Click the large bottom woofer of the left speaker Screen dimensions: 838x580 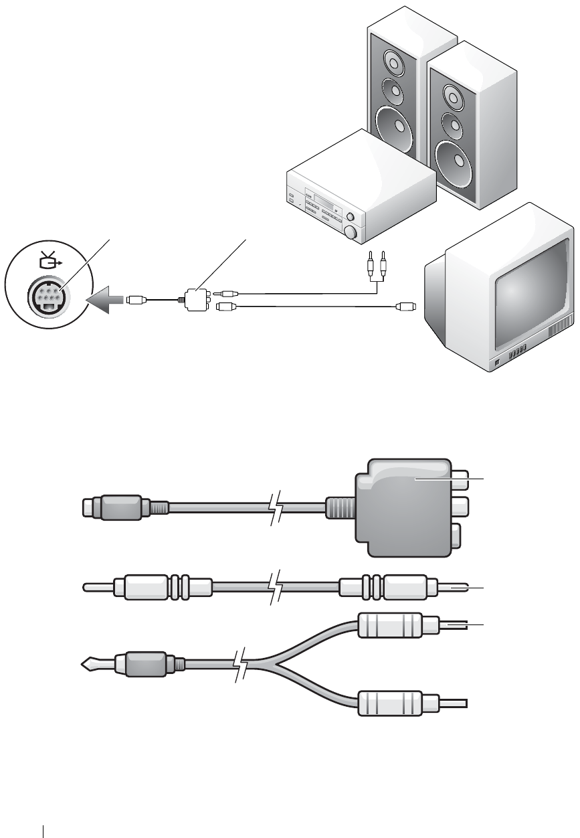tap(395, 127)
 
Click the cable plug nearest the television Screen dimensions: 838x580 tap(405, 307)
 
